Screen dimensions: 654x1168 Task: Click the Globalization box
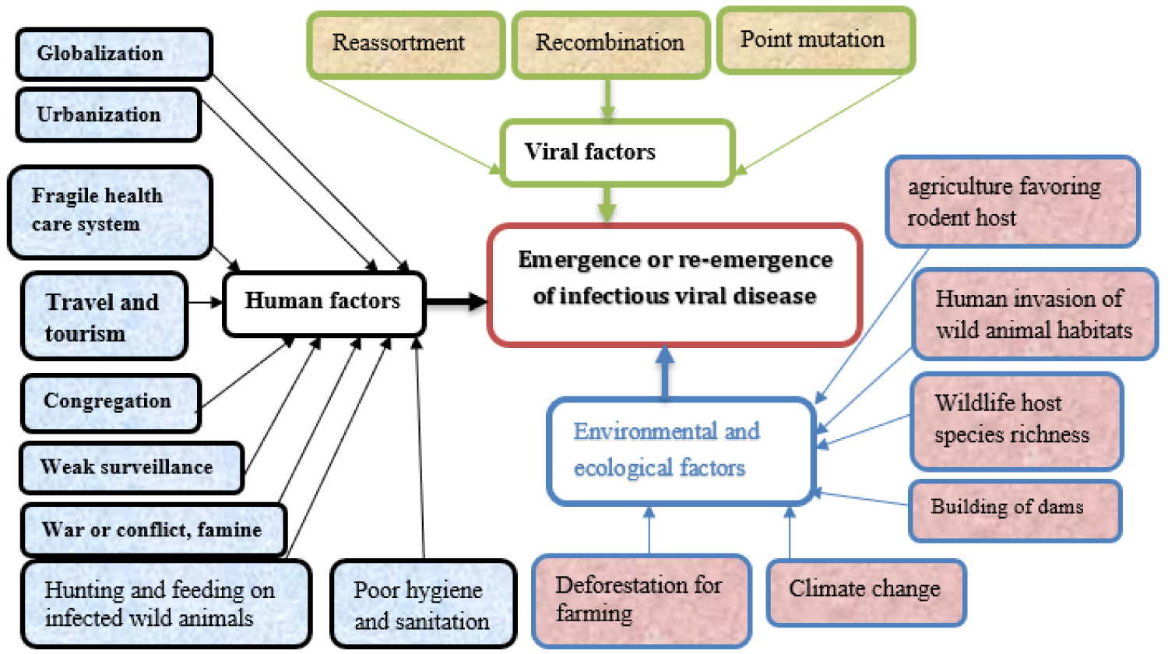coord(114,54)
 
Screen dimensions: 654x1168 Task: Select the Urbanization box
coord(108,115)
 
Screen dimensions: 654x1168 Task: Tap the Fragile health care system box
coord(110,211)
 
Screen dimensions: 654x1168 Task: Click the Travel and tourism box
coord(104,316)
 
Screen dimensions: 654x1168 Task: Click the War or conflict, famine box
coord(153,530)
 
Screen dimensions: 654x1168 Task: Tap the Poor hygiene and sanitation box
coord(423,605)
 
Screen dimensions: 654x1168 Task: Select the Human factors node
coord(324,302)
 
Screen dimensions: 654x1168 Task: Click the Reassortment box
coord(405,44)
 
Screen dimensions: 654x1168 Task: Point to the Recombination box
coord(610,44)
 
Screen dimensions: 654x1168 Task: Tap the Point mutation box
coord(814,40)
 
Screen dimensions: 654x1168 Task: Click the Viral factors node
coord(617,153)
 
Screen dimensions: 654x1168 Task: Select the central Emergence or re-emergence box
coord(674,284)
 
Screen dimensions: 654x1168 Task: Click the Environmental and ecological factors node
coord(680,451)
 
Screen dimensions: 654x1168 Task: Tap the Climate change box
coord(865,592)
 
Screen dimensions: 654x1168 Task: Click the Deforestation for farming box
coord(641,599)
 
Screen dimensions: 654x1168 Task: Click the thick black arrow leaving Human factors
coord(456,302)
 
